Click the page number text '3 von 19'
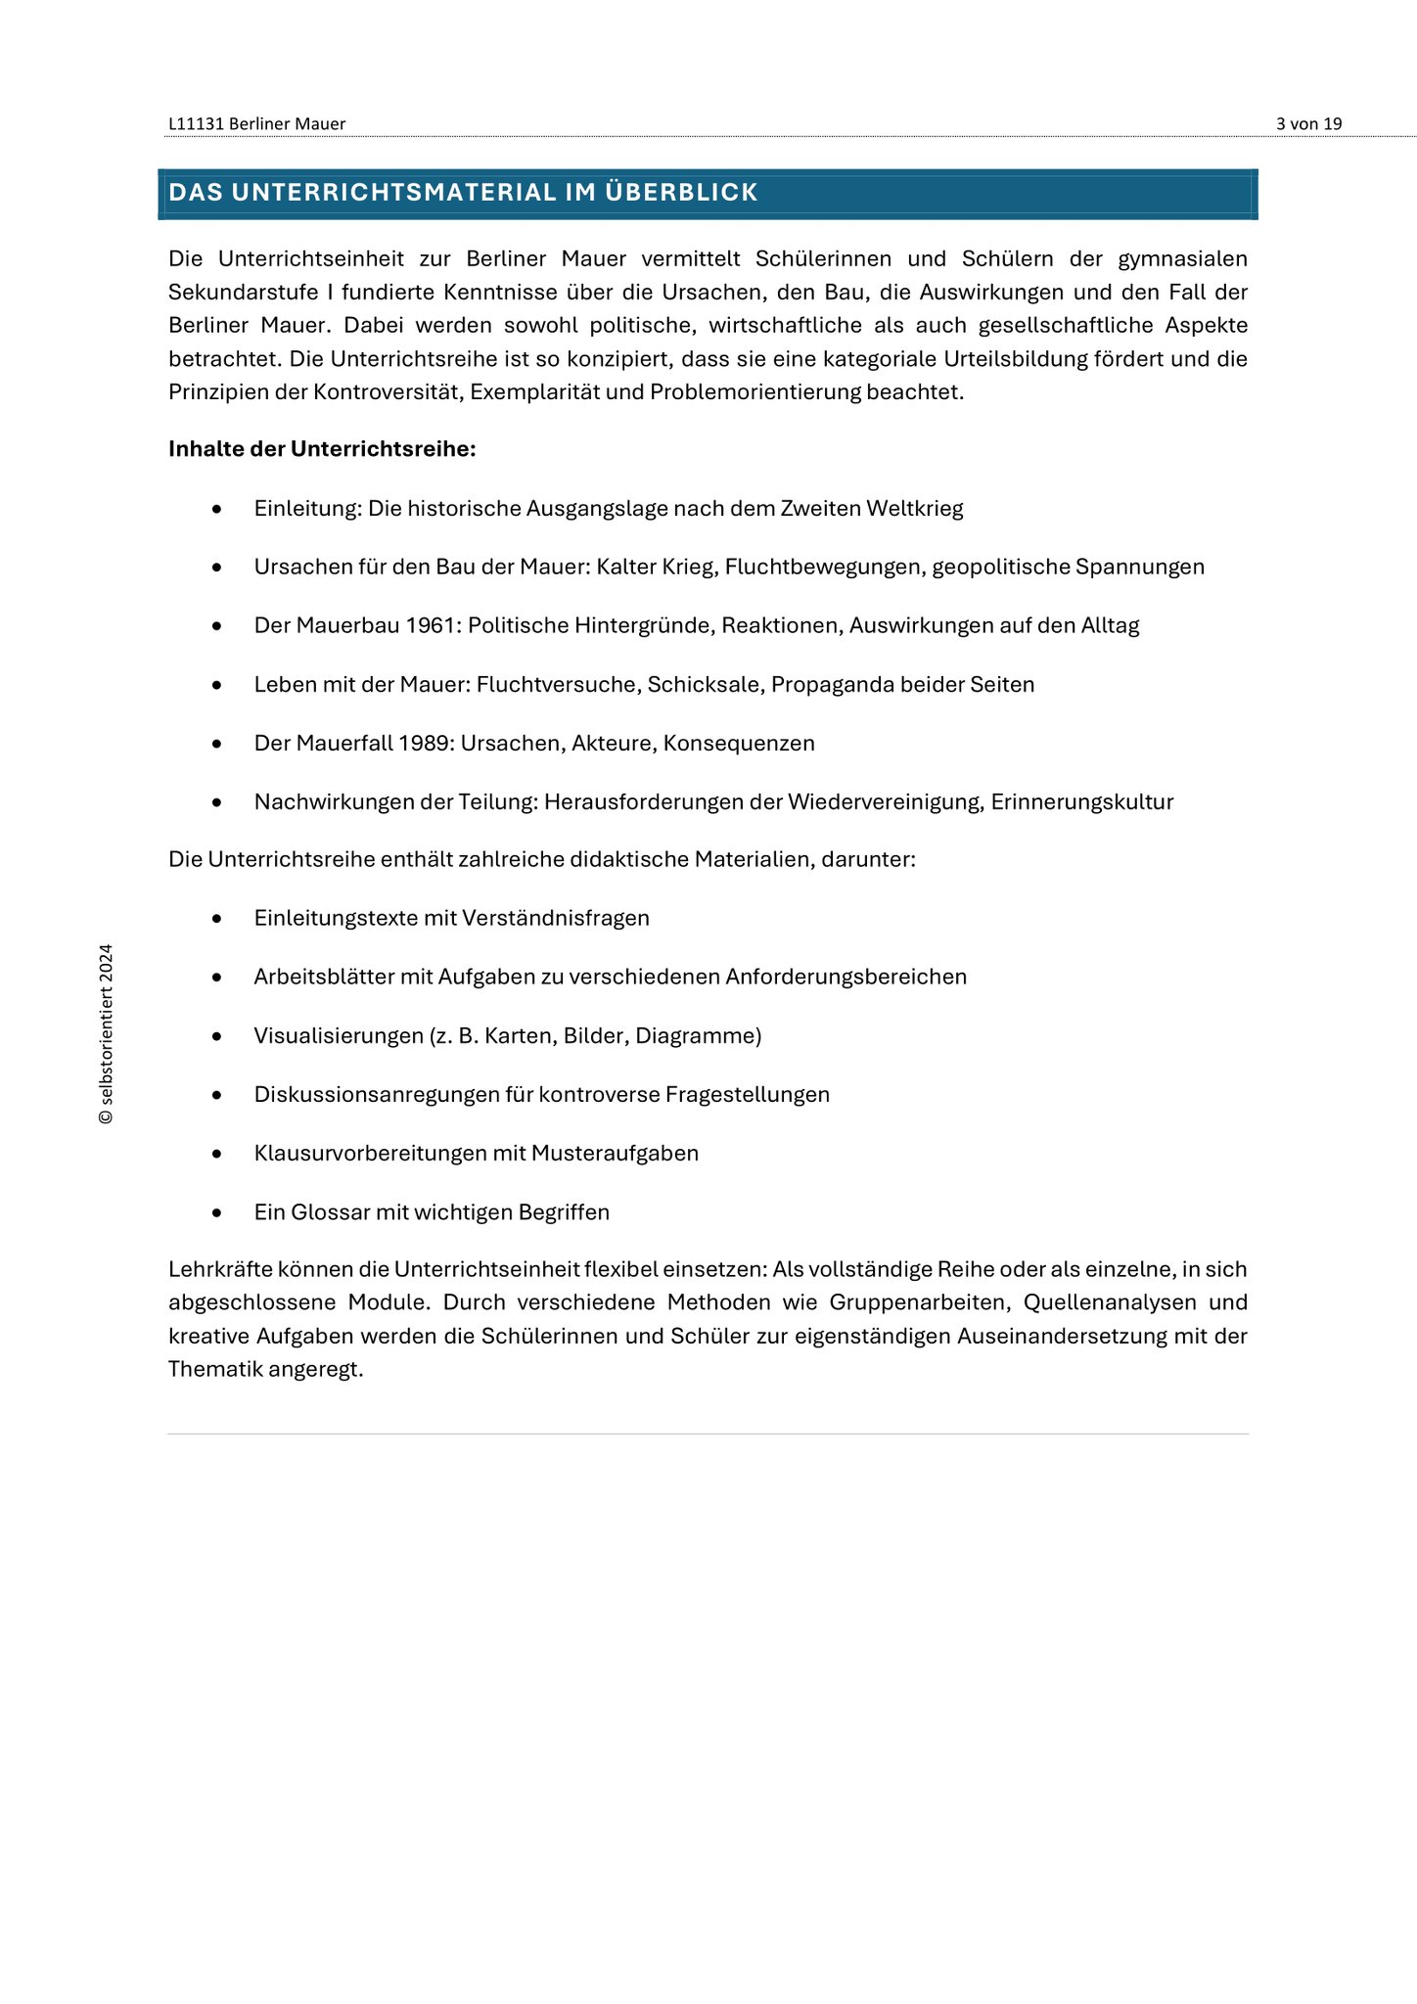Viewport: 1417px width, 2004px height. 1308,123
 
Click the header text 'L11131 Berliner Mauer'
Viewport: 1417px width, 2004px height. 256,123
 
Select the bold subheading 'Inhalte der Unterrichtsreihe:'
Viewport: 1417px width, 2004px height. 322,449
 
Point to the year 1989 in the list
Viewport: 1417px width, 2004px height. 426,743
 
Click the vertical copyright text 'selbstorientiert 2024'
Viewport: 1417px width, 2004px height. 106,1033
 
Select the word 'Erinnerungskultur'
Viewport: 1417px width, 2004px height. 1081,802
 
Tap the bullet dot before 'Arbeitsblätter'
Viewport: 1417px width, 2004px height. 217,978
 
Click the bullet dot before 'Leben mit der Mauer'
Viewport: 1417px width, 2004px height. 217,685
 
